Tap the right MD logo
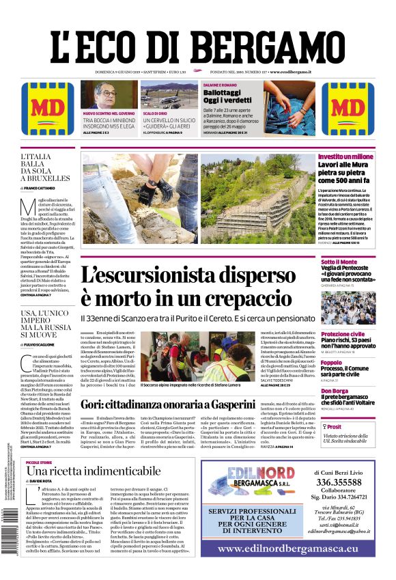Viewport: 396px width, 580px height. [x=348, y=109]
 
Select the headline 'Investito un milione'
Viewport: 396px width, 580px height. [x=345, y=157]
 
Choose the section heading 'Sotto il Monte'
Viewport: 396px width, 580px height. [x=339, y=262]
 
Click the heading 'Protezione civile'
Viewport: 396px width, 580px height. [x=344, y=335]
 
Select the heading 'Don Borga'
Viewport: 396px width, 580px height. [x=335, y=391]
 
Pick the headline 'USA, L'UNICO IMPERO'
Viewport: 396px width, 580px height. [x=46, y=317]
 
